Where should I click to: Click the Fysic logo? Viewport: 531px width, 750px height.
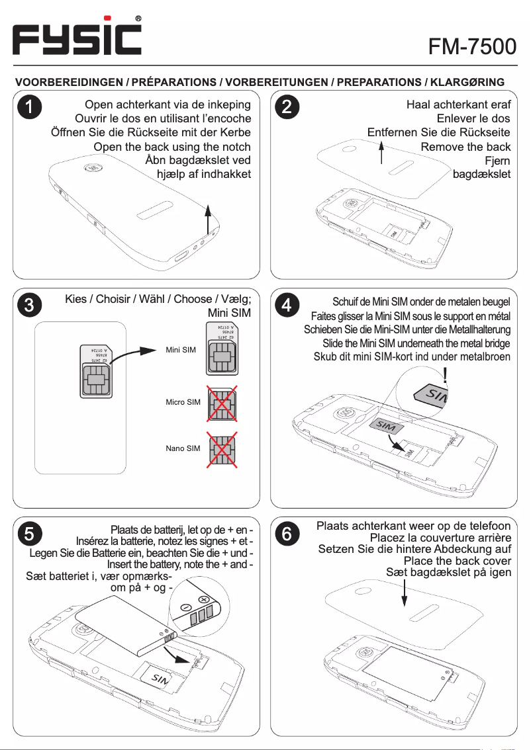(78, 38)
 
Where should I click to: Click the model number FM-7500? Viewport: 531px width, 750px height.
(471, 46)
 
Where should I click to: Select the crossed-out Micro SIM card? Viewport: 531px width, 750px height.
(222, 403)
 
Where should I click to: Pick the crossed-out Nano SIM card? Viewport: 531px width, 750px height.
(222, 449)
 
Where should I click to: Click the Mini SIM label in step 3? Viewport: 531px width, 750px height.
(181, 349)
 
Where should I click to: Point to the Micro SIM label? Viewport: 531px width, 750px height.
(183, 402)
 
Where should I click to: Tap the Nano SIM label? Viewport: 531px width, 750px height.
(183, 448)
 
